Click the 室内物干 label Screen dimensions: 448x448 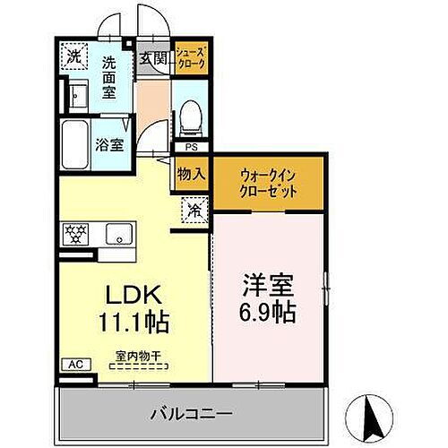tap(138, 356)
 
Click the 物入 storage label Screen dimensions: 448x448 tap(191, 173)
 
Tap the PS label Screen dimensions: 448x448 tap(191, 148)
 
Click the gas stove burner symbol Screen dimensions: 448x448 tap(74, 236)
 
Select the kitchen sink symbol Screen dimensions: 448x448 tap(116, 236)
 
